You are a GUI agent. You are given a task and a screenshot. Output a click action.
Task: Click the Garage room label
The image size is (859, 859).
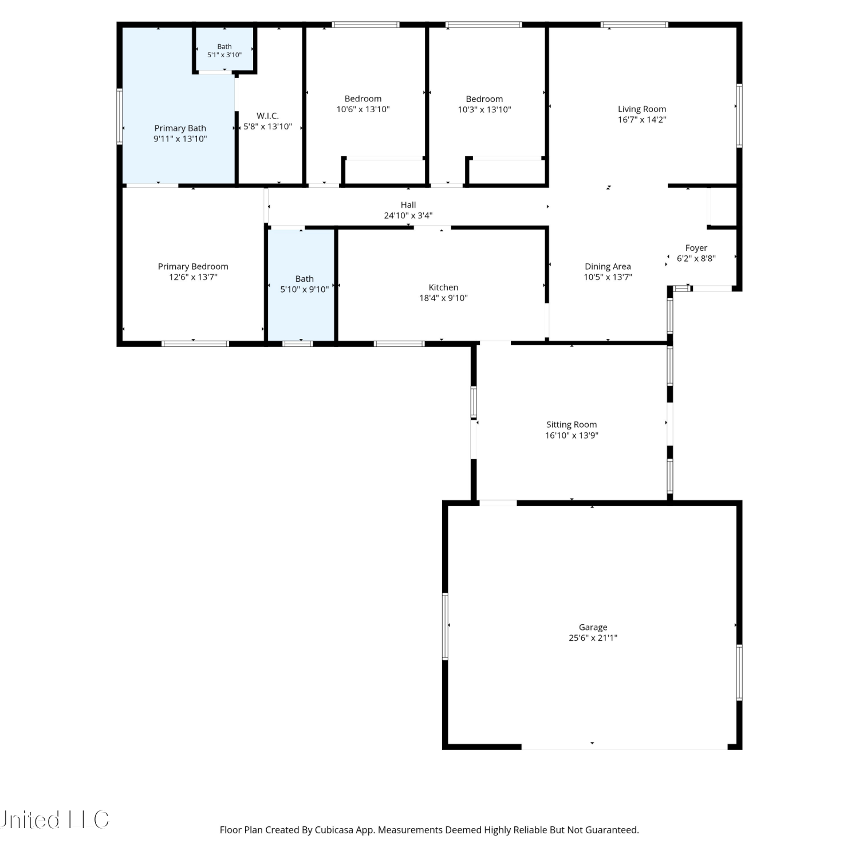click(x=593, y=627)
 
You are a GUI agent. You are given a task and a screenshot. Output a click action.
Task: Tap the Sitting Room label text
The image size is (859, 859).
click(x=572, y=424)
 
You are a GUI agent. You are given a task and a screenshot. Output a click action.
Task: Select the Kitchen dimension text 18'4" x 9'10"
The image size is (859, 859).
click(x=443, y=298)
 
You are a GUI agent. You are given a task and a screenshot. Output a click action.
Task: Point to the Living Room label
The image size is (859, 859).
click(x=642, y=109)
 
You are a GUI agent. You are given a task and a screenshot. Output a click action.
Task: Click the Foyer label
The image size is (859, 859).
click(x=696, y=248)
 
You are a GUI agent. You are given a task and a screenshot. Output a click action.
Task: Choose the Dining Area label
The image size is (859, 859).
click(x=608, y=266)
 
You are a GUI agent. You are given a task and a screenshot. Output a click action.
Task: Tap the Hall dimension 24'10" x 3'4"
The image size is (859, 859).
click(x=408, y=215)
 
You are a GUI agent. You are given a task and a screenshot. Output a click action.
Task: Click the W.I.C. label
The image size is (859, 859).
click(x=267, y=116)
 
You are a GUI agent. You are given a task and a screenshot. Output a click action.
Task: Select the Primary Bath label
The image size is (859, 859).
click(x=180, y=128)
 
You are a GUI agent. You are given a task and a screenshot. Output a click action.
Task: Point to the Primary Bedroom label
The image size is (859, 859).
click(x=193, y=266)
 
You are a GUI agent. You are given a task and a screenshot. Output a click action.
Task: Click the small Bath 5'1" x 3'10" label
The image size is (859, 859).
click(x=224, y=51)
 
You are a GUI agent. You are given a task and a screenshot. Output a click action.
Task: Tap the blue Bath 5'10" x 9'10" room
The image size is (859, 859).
click(x=302, y=285)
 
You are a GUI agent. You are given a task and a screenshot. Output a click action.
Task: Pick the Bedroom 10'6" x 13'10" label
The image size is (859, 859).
click(x=363, y=104)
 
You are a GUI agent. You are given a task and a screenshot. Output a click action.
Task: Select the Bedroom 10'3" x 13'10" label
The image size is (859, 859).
click(x=484, y=104)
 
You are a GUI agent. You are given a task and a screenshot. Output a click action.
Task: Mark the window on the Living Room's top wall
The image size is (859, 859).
click(x=635, y=25)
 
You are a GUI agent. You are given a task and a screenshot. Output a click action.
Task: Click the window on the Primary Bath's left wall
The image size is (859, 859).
click(x=120, y=116)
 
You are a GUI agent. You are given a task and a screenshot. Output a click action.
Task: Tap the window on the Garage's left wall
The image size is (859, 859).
click(x=446, y=626)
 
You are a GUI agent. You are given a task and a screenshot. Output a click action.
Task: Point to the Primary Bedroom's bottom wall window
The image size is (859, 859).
click(x=195, y=344)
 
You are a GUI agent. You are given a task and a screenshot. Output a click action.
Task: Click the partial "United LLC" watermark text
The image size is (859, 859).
click(x=54, y=819)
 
